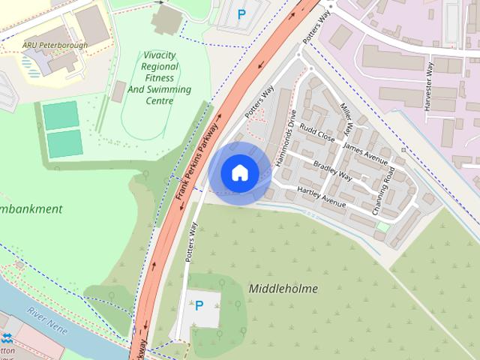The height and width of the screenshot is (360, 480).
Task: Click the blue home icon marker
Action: pos(239,173)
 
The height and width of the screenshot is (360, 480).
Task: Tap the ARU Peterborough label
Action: pos(55,46)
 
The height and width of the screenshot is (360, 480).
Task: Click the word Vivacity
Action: pos(160,55)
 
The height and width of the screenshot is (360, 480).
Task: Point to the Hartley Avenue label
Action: pos(322,196)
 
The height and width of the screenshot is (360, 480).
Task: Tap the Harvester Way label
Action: pos(429,87)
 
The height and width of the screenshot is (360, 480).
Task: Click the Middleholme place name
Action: pos(283,288)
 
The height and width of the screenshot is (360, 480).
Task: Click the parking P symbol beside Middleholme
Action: pos(199,305)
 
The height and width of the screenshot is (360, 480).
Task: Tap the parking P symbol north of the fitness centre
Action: pos(241,13)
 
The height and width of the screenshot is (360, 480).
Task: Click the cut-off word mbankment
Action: pos(31,208)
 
